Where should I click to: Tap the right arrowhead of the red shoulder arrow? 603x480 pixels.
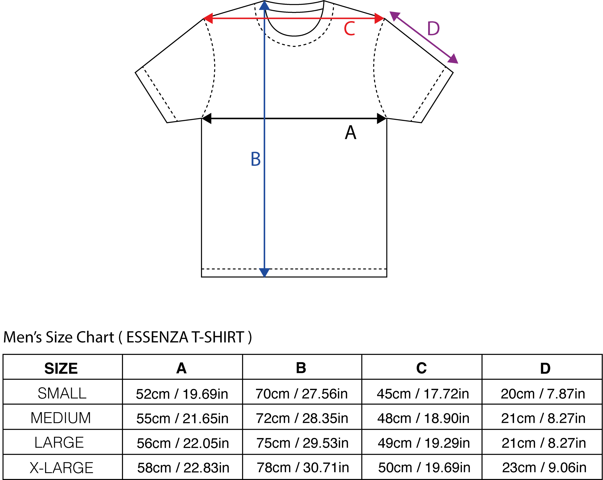tap(380, 18)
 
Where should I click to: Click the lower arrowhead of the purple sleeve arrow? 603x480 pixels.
tap(453, 59)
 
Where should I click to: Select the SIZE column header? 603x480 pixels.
tap(61, 368)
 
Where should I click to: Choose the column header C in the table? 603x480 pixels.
tap(421, 368)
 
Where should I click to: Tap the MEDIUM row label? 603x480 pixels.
tap(61, 418)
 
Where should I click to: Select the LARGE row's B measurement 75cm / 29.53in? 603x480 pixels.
tap(302, 443)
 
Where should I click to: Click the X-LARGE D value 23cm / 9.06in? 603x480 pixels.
tap(544, 467)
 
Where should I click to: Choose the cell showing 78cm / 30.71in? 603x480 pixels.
tap(303, 467)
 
